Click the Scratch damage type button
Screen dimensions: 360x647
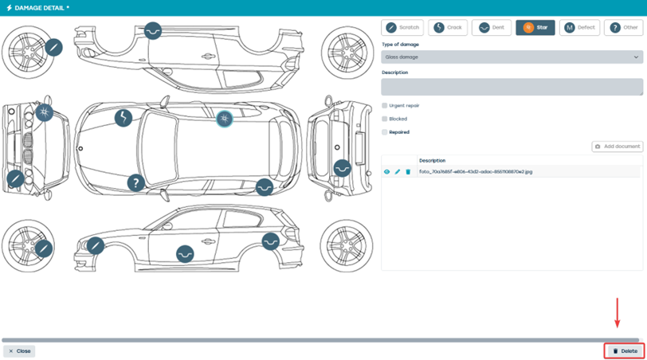point(402,27)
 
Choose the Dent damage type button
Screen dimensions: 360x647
point(492,27)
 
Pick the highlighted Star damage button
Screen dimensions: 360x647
point(535,27)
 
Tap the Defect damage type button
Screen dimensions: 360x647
point(579,27)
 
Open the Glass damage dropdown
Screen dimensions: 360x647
point(512,57)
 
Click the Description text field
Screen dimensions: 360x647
point(512,87)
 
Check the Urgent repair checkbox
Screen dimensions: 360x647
point(385,105)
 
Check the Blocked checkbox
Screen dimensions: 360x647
point(385,119)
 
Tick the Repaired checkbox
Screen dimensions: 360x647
point(385,132)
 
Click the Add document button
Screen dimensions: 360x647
point(618,147)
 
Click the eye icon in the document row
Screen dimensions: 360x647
point(387,172)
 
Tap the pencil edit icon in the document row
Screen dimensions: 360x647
point(398,172)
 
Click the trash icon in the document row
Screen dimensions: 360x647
point(408,172)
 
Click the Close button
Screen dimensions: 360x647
point(19,350)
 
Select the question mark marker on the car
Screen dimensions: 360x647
point(136,183)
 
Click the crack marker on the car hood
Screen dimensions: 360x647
point(124,119)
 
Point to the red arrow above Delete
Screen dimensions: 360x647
point(617,311)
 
